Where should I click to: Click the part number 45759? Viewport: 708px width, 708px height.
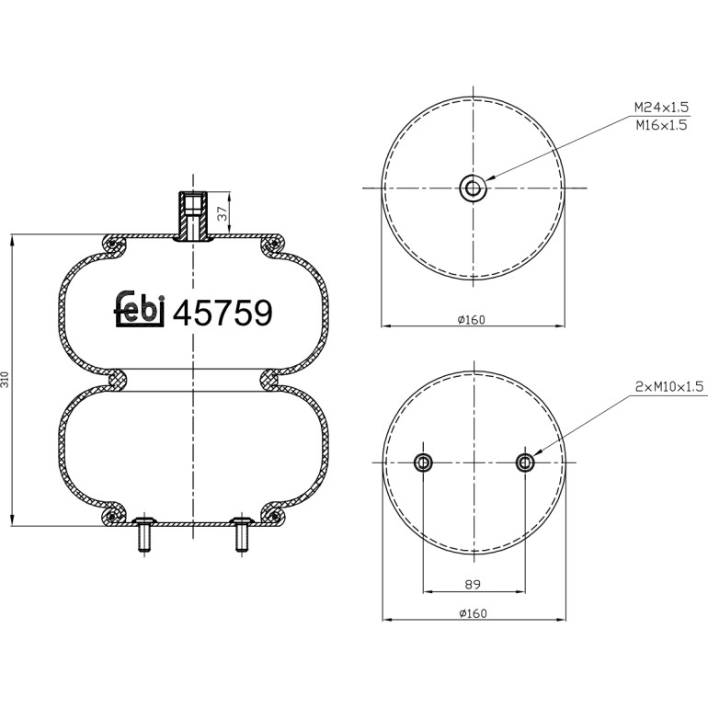click(x=223, y=313)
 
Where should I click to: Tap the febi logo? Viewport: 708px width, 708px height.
click(x=139, y=309)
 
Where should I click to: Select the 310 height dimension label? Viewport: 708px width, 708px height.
click(x=5, y=379)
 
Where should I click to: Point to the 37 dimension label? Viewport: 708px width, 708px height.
click(x=223, y=213)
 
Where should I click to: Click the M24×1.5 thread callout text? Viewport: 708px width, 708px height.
click(x=661, y=108)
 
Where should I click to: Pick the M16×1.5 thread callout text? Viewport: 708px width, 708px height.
click(x=661, y=125)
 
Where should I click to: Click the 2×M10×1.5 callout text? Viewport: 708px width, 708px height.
click(x=669, y=386)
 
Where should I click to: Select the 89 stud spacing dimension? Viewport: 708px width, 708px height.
click(x=473, y=584)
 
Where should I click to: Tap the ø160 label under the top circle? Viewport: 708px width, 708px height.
click(x=471, y=320)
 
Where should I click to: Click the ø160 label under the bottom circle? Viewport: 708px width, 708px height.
click(x=473, y=613)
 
